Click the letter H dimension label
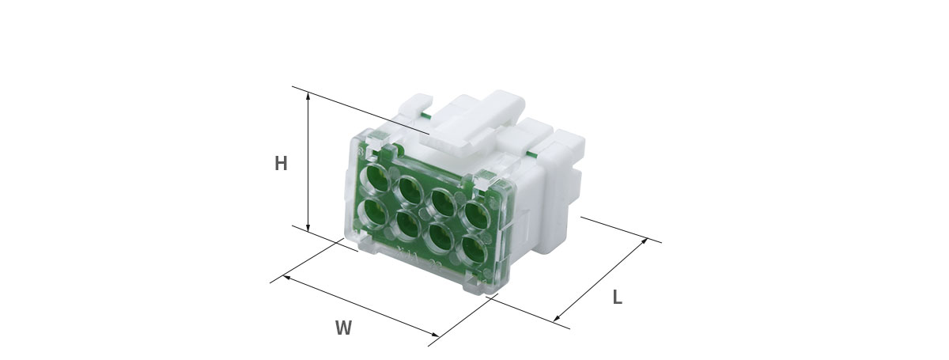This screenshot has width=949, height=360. point(281,163)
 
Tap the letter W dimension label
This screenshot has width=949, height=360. point(343,328)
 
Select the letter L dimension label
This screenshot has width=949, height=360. point(618,297)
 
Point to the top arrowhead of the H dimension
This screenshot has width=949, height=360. point(308,96)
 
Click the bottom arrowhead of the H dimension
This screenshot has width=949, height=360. point(308,228)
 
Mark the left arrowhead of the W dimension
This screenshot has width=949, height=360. point(286,277)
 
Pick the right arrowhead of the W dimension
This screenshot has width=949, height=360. point(435,334)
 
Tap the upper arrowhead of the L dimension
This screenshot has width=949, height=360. point(645,241)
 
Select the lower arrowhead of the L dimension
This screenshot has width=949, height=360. point(557,317)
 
